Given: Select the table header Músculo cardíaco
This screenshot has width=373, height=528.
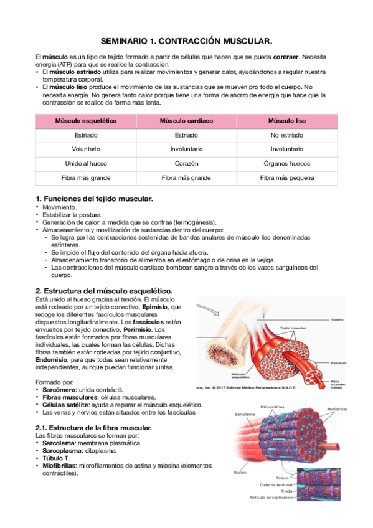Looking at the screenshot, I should pyautogui.click(x=186, y=121).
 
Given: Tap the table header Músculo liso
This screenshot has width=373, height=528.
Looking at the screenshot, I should pyautogui.click(x=287, y=121).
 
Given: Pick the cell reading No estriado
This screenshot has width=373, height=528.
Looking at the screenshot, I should pyautogui.click(x=287, y=135).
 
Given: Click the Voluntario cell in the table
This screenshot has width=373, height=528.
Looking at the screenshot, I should pyautogui.click(x=86, y=149).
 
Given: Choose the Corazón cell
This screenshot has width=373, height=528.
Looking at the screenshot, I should pyautogui.click(x=186, y=163).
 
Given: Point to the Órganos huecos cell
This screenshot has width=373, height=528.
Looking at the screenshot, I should pyautogui.click(x=287, y=163).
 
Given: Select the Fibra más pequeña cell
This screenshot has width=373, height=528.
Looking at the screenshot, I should pyautogui.click(x=287, y=177).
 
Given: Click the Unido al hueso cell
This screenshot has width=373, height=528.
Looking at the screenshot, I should pyautogui.click(x=86, y=163).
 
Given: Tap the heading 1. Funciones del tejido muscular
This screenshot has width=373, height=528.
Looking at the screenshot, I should pyautogui.click(x=94, y=198).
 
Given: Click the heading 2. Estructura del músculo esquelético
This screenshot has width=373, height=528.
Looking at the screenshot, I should pyautogui.click(x=103, y=291).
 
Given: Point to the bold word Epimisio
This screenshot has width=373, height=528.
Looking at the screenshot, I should pyautogui.click(x=155, y=307).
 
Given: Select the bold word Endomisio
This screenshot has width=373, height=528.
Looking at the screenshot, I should pyautogui.click(x=52, y=359).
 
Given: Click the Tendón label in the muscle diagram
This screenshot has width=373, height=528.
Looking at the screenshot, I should pyautogui.click(x=337, y=317).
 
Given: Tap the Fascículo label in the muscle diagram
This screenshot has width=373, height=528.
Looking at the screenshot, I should pyautogui.click(x=339, y=361).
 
